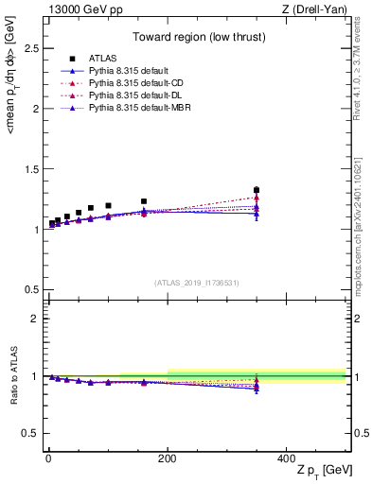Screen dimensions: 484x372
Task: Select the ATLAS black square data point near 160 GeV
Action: (x=144, y=201)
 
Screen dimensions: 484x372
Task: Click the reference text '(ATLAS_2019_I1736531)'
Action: (x=196, y=283)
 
